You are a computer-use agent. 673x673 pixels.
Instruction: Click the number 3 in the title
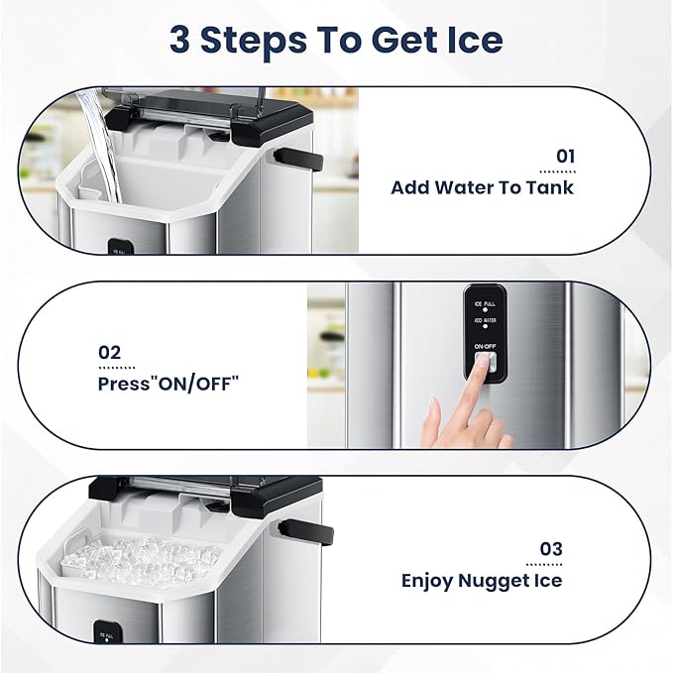(182, 40)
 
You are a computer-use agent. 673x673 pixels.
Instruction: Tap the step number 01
(564, 156)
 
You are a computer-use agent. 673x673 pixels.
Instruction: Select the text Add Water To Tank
(482, 186)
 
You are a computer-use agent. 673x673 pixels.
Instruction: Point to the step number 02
(109, 352)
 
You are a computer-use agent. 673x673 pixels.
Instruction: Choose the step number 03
(551, 548)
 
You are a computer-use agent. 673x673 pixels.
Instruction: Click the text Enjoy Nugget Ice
(482, 580)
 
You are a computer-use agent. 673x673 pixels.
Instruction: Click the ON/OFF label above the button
(486, 346)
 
